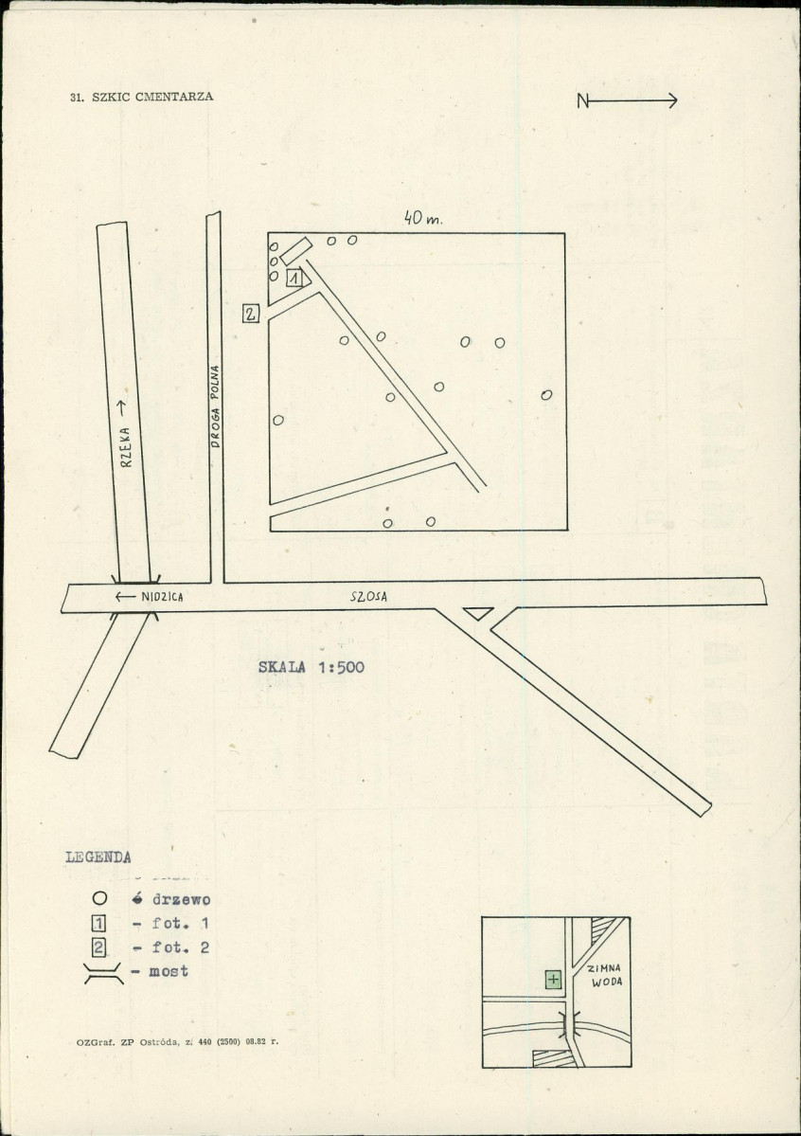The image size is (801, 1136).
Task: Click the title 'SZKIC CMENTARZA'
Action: click(x=152, y=97)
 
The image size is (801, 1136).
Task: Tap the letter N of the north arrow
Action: click(x=583, y=101)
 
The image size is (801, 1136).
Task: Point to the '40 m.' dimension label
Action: click(x=423, y=217)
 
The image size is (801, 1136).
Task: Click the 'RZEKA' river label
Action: click(x=126, y=447)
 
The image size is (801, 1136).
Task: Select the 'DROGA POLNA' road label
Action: click(x=215, y=406)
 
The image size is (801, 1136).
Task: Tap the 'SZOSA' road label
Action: click(x=368, y=597)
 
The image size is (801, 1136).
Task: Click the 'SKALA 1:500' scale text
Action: click(x=311, y=667)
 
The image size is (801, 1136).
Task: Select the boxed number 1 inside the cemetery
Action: click(x=294, y=278)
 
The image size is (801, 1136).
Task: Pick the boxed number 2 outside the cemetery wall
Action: click(x=251, y=314)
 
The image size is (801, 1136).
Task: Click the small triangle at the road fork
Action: click(x=478, y=613)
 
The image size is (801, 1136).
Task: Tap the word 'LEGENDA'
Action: click(x=98, y=857)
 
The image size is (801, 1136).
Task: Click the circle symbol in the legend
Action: click(x=100, y=899)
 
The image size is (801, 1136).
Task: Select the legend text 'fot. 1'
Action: click(x=180, y=923)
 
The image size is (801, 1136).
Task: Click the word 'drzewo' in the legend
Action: click(x=181, y=900)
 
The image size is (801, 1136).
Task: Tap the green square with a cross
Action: click(x=553, y=981)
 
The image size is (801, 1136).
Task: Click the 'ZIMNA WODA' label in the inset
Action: click(x=605, y=975)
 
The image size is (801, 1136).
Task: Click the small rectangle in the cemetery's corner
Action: click(x=296, y=251)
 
